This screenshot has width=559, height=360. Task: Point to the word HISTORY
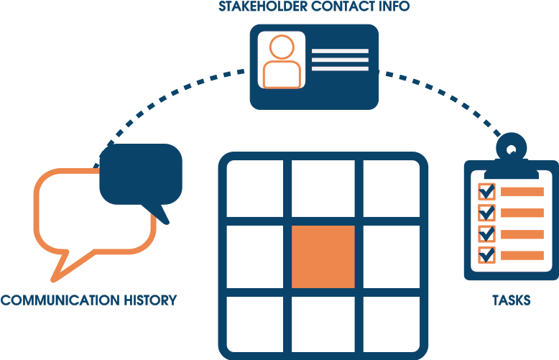[x=147, y=300]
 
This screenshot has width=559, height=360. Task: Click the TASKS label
[x=511, y=300]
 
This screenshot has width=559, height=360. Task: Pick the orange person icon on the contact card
[x=281, y=62]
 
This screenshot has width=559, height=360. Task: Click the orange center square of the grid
[x=323, y=257]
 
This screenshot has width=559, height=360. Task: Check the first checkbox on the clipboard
[x=487, y=191]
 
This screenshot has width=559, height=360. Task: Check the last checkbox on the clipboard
[x=487, y=254]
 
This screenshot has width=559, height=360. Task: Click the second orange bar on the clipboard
[x=522, y=213]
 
